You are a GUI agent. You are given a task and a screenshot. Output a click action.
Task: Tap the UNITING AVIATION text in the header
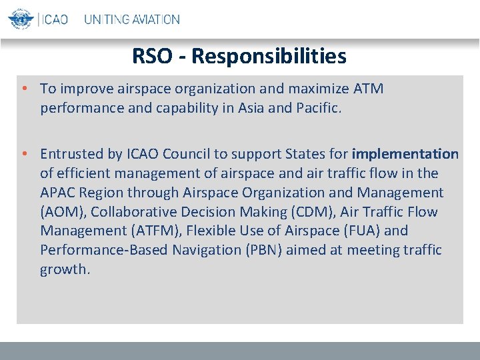click(131, 19)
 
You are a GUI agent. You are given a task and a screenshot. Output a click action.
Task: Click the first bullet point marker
click(23, 89)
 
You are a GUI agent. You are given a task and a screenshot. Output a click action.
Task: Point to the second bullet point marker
click(23, 154)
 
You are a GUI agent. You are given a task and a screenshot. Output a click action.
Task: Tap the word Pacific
click(316, 108)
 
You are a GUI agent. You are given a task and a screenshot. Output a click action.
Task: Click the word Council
click(189, 154)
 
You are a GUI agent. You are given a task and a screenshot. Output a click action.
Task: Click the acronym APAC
click(59, 193)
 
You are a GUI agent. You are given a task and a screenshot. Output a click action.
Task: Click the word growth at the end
click(64, 269)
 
